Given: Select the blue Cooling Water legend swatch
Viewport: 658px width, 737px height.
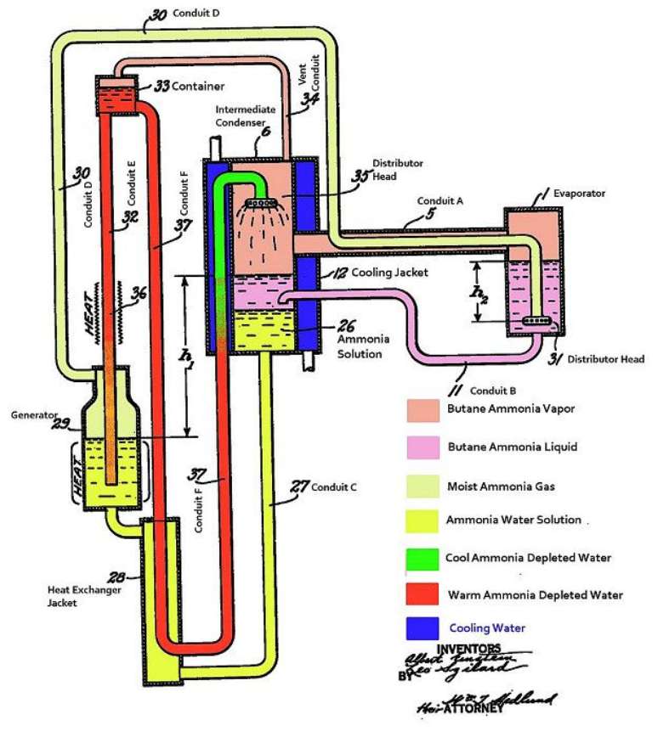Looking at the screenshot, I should pyautogui.click(x=423, y=628).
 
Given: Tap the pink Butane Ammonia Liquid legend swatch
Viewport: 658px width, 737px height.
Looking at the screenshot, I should pyautogui.click(x=423, y=445).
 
